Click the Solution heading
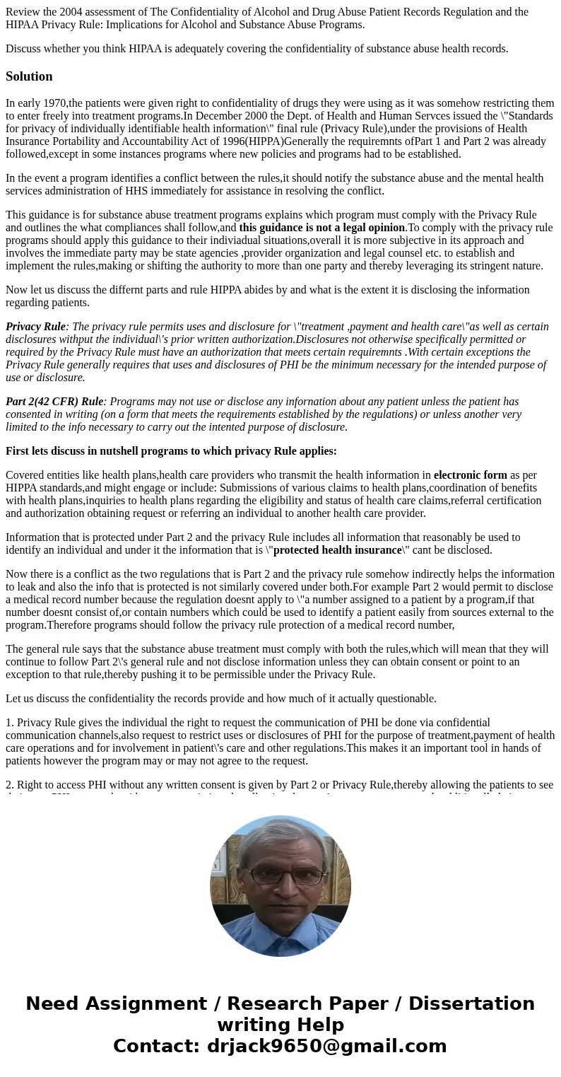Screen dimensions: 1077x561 29,76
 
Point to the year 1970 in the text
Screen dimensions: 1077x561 53,103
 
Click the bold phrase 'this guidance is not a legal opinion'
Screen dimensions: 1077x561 322,228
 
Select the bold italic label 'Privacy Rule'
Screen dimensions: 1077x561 35,327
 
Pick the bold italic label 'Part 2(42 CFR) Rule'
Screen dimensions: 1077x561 54,402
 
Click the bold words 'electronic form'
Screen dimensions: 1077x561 470,475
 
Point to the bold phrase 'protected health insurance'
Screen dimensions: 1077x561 337,550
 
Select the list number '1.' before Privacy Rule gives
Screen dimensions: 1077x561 10,723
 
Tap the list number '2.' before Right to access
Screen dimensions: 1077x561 10,785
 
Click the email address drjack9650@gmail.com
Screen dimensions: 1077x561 326,1047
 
